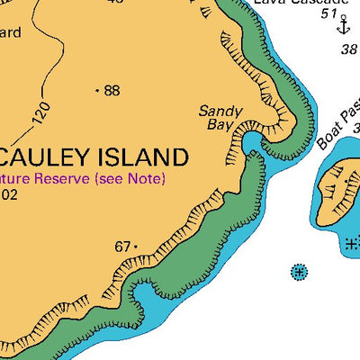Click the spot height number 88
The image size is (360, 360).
point(112,90)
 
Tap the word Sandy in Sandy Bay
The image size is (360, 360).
point(220,112)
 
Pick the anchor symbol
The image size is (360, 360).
point(342,26)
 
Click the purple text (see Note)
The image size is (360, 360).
point(130,179)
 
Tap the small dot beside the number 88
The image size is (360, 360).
point(96,90)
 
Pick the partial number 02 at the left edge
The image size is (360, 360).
point(8,193)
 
